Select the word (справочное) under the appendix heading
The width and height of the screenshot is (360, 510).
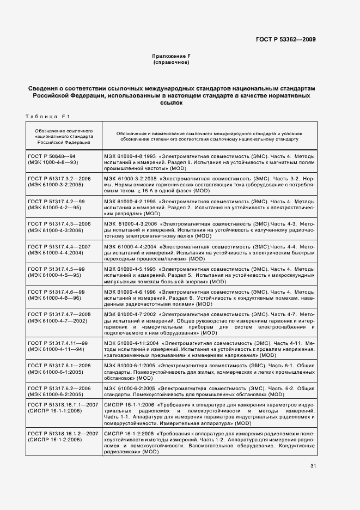[171, 63]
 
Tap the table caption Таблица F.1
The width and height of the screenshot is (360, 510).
[45, 116]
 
